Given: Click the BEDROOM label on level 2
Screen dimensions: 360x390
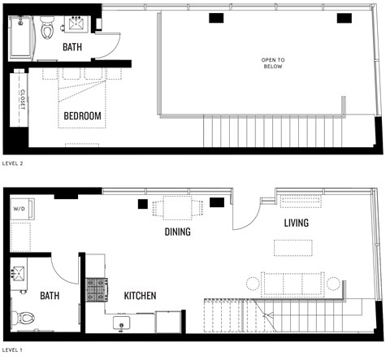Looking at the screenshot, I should point(83,116).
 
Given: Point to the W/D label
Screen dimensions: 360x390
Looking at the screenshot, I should point(19,209).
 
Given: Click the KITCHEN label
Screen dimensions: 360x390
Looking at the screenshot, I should point(140,296).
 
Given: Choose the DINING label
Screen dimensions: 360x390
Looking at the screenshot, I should point(177,232).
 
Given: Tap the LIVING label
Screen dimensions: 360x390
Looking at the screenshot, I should point(296,223).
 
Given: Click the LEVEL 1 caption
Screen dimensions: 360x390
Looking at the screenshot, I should point(14,350).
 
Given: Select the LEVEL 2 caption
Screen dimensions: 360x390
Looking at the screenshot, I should point(14,163).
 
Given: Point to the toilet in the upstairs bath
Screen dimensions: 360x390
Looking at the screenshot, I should point(48,30).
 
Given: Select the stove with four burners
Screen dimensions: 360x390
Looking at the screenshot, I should point(96,288).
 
